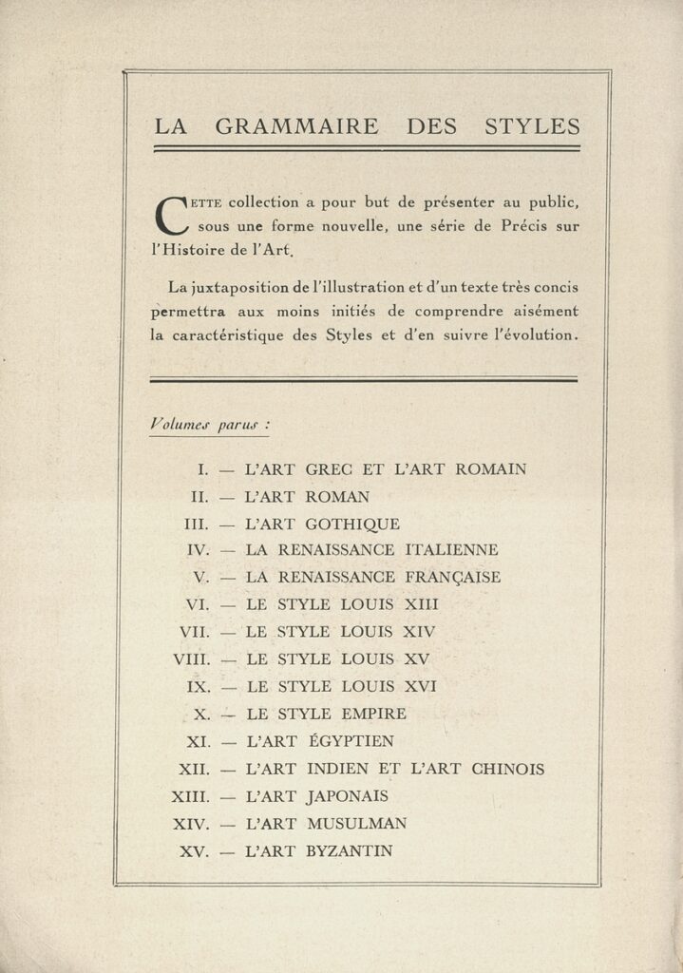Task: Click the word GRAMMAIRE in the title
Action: (296, 126)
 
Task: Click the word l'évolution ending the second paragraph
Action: (529, 334)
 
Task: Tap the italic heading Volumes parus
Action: (208, 425)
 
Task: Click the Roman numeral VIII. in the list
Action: (194, 658)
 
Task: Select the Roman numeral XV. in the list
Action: (195, 851)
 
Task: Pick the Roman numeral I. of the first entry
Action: (203, 468)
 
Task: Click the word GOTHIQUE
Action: (352, 524)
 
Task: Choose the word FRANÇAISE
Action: (452, 577)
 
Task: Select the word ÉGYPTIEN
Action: (350, 741)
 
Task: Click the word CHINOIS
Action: (508, 769)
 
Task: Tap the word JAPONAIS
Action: (347, 796)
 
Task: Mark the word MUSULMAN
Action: (356, 824)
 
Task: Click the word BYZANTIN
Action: (349, 851)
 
